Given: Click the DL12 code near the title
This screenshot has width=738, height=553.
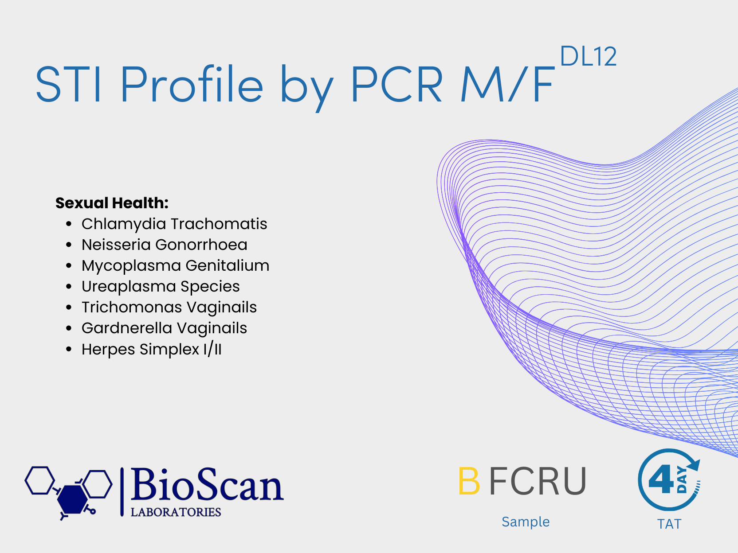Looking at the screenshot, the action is (588, 56).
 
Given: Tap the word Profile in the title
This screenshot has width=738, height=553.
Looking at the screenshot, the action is (192, 84).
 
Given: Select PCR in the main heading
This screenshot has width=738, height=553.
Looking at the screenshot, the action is (397, 84).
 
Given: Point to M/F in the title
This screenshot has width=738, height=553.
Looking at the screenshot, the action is (507, 84).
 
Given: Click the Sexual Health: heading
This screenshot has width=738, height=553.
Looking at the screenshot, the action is (112, 203).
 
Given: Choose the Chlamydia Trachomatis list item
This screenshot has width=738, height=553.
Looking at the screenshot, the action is (174, 224).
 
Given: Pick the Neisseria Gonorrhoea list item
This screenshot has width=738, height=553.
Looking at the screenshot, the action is (165, 245).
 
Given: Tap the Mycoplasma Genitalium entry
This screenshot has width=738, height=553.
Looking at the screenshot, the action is (176, 265).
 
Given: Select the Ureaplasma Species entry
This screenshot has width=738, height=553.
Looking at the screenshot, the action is (161, 286).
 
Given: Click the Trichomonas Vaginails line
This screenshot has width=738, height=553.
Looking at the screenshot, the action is (169, 307).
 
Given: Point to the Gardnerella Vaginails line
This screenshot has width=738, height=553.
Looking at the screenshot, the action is (165, 328).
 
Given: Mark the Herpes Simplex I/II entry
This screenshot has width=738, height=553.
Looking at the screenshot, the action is (152, 349).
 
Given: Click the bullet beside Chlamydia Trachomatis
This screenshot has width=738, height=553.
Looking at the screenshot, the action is (69, 224).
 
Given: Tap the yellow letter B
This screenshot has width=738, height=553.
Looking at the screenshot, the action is (469, 481).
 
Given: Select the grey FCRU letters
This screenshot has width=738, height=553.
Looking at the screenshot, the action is (537, 481).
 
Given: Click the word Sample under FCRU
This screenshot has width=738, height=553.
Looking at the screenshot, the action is (526, 522).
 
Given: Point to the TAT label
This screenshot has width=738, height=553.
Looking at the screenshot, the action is (669, 524).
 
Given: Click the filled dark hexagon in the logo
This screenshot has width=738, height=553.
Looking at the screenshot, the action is (72, 499).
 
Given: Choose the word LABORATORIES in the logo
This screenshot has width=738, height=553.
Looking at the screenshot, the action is (176, 512).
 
